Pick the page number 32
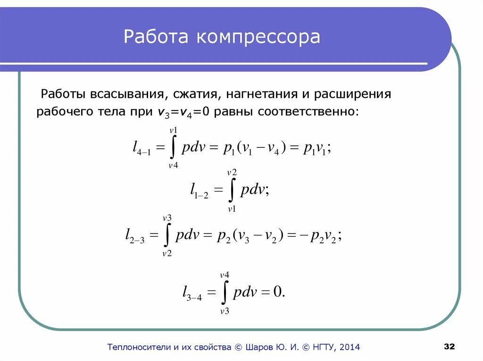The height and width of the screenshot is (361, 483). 449,347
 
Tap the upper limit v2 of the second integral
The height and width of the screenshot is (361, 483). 232,173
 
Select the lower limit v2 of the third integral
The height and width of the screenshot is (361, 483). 167,253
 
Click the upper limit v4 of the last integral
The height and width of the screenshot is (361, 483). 225,275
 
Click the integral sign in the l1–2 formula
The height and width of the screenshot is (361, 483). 232,191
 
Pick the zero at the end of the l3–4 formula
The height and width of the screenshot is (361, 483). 278,292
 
